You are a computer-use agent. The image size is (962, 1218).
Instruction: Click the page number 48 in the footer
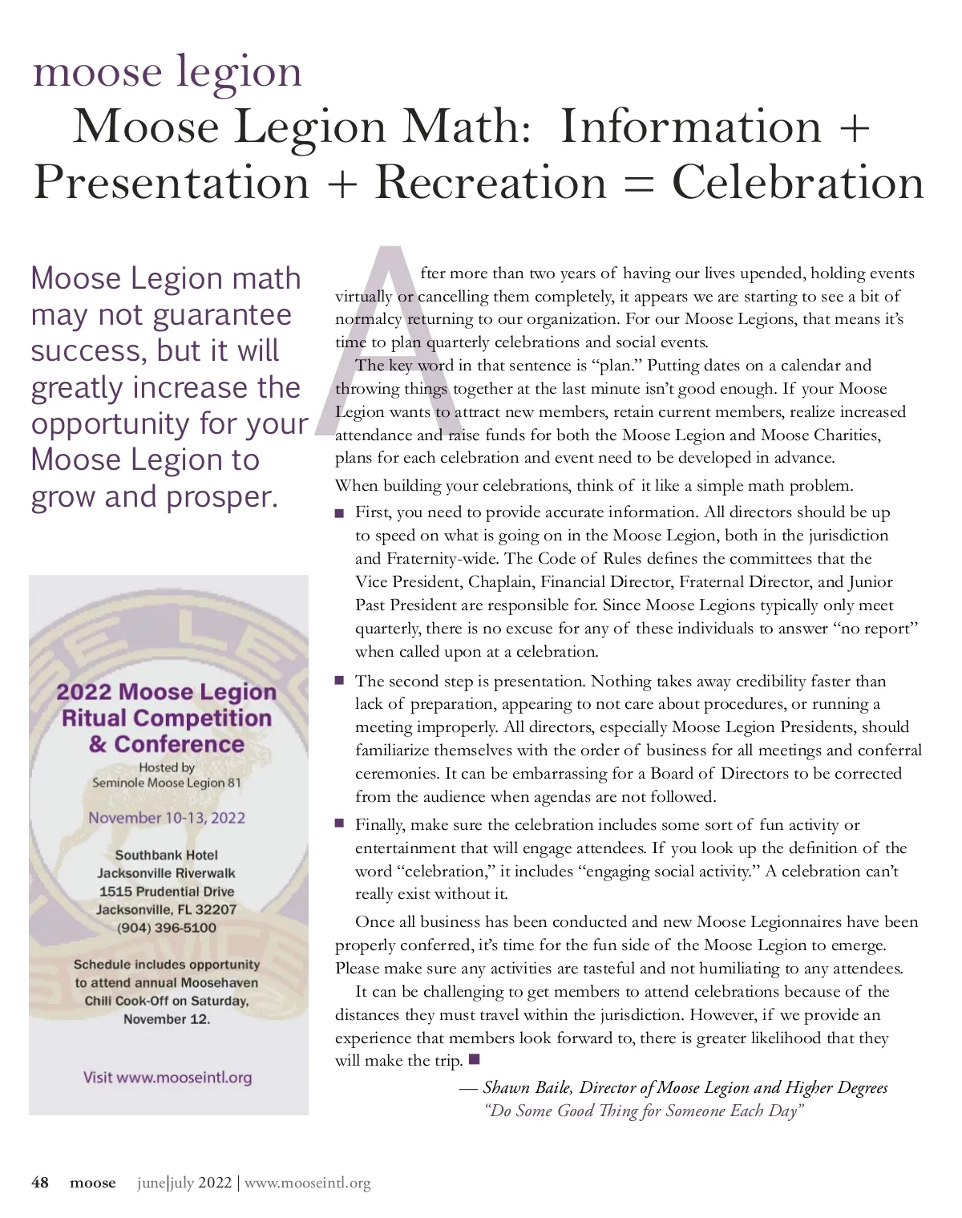click(x=40, y=1183)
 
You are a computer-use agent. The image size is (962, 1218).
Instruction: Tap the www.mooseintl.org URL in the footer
click(x=307, y=1183)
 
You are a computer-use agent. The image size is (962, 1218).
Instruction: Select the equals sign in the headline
click(x=638, y=183)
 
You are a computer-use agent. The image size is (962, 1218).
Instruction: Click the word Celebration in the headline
click(x=798, y=183)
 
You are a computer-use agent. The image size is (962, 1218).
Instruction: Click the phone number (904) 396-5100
click(x=167, y=928)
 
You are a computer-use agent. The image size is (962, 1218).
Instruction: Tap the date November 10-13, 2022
click(x=167, y=818)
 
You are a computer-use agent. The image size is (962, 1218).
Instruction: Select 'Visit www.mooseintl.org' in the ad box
click(x=167, y=1077)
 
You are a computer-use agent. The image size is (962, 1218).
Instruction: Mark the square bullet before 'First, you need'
click(x=340, y=513)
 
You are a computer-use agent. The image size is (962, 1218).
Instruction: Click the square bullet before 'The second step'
click(x=340, y=681)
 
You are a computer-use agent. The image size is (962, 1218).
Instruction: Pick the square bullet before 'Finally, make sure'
click(x=340, y=823)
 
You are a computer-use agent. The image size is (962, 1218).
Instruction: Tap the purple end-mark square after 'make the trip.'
click(x=474, y=1059)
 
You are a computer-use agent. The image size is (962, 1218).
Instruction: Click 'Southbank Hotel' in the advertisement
click(x=167, y=855)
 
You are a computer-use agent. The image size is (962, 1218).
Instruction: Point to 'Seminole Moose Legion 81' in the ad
click(x=167, y=783)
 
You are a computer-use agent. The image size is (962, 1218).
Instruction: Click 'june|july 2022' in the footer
click(x=184, y=1183)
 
